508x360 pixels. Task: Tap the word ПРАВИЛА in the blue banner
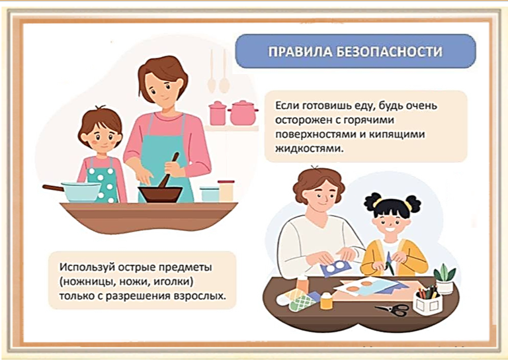[x=300, y=52]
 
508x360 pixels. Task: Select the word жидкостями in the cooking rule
[x=309, y=149]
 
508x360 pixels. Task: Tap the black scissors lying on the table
[x=393, y=310]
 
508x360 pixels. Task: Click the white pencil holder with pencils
[x=428, y=300]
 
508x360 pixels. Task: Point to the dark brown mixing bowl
[x=160, y=194]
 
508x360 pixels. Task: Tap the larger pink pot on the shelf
[x=243, y=112]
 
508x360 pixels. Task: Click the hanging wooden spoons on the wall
[x=218, y=71]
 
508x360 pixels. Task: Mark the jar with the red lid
[x=226, y=191]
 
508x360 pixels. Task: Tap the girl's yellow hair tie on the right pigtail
[x=409, y=205]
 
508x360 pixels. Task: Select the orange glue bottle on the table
[x=327, y=300]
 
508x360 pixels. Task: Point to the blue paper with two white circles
[x=335, y=268]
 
